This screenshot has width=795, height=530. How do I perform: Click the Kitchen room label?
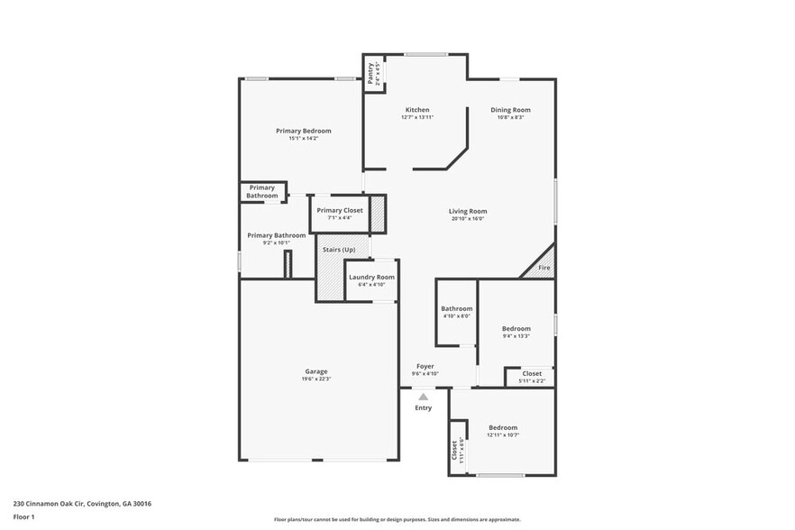click(x=416, y=110)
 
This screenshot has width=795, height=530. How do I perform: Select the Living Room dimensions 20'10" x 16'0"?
click(x=467, y=218)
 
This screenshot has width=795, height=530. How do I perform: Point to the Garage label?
click(x=315, y=371)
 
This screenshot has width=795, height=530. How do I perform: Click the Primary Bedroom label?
click(x=303, y=131)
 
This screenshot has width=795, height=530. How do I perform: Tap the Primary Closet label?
click(x=340, y=210)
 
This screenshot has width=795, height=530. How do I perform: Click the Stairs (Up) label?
click(x=339, y=249)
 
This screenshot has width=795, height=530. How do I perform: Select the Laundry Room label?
click(x=371, y=277)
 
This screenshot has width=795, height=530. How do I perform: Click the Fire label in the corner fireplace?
click(x=544, y=268)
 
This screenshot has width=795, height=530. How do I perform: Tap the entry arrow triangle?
click(x=423, y=396)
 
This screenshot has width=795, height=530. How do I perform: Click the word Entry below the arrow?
click(x=423, y=407)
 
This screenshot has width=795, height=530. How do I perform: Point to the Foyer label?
click(x=425, y=367)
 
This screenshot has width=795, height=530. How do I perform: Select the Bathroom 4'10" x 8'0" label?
click(x=456, y=308)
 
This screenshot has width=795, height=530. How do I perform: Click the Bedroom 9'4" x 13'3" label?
click(x=516, y=329)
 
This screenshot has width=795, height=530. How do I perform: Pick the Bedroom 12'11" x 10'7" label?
click(x=503, y=427)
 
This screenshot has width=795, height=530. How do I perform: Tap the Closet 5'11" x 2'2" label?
click(x=532, y=373)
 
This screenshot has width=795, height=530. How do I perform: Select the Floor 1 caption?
click(x=23, y=516)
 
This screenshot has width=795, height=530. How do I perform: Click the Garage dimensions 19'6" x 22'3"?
click(x=315, y=379)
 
